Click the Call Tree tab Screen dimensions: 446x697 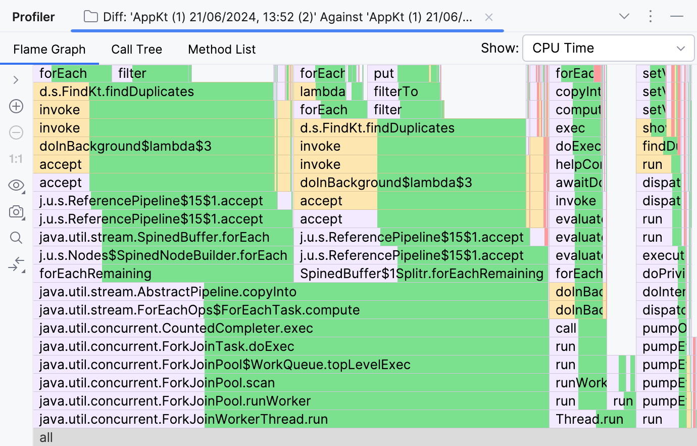tap(136, 50)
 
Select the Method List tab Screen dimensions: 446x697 tap(222, 50)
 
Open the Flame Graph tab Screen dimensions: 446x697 tap(49, 50)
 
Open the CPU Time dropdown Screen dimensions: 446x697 tap(608, 48)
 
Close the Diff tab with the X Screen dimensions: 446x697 tap(488, 17)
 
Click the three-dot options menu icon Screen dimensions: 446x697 tap(651, 17)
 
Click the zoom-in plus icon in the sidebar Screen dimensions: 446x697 tap(16, 106)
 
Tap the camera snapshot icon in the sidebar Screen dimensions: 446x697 tap(16, 212)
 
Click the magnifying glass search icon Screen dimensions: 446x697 tap(16, 238)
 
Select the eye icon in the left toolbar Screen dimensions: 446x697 tap(16, 185)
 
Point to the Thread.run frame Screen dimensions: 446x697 tap(589, 419)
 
